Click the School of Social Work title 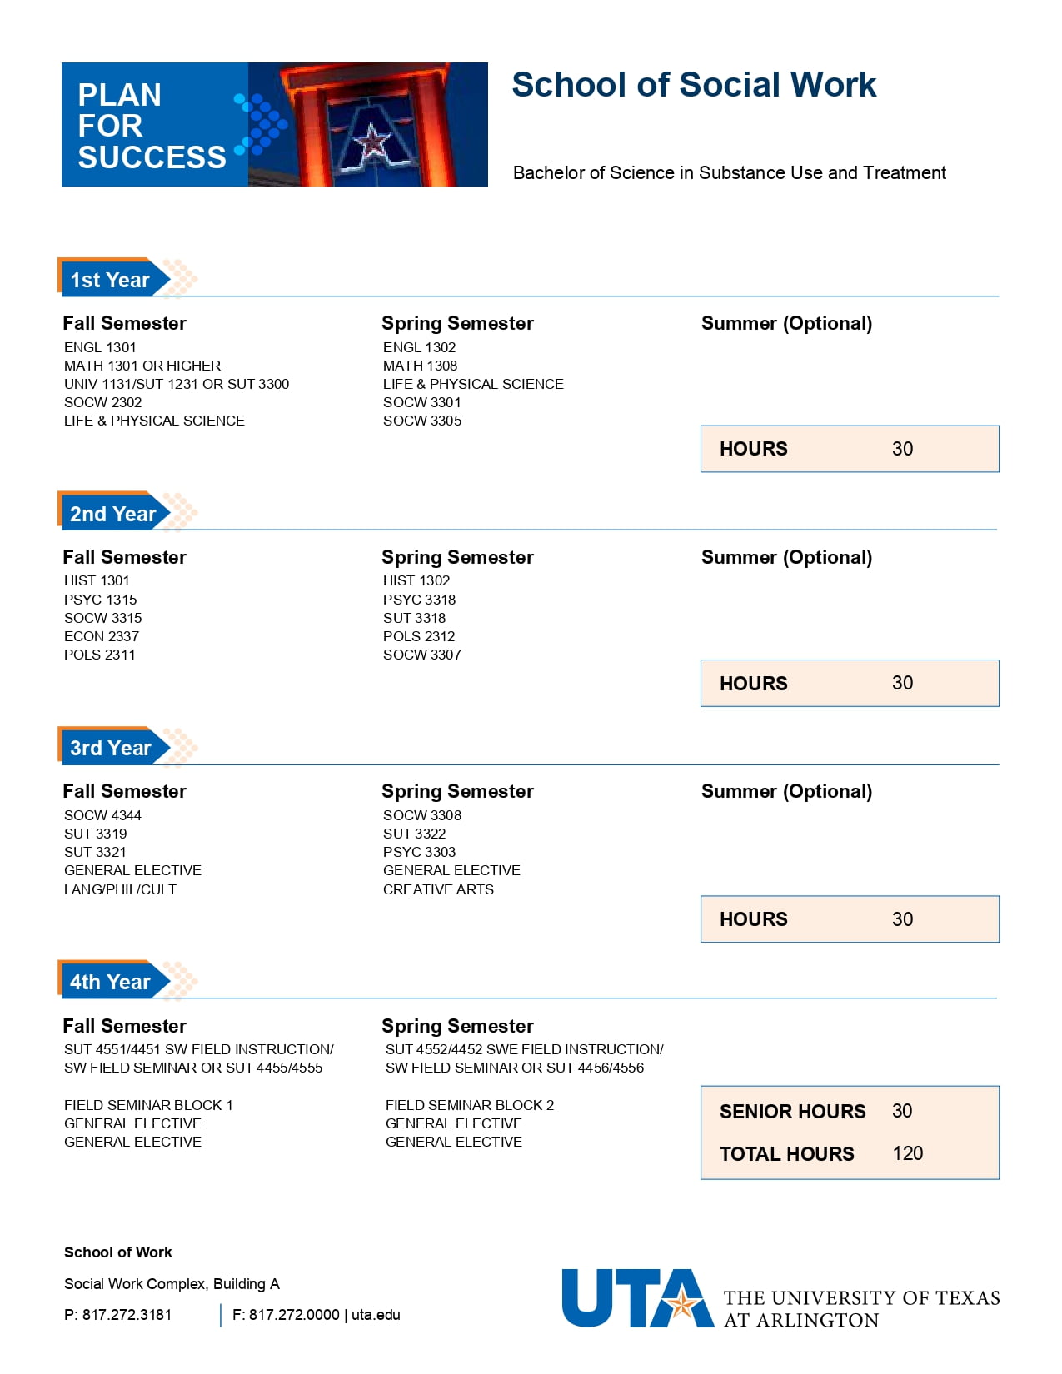(x=693, y=85)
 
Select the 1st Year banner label (x=110, y=280)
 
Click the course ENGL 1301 (x=100, y=347)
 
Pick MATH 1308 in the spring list (x=420, y=366)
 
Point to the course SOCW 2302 (x=102, y=402)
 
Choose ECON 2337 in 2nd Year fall (x=102, y=636)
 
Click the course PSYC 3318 (x=419, y=600)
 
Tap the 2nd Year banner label (x=112, y=514)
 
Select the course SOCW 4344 (x=102, y=815)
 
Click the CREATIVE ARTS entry (x=438, y=889)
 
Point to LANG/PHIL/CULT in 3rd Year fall (x=120, y=889)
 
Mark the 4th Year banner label (x=110, y=982)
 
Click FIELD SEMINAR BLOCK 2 (x=469, y=1105)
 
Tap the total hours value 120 (x=907, y=1153)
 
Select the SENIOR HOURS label (x=792, y=1112)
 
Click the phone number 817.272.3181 (x=127, y=1315)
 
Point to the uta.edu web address (x=376, y=1315)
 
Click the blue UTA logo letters (x=636, y=1298)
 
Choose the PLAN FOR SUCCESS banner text (x=152, y=126)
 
